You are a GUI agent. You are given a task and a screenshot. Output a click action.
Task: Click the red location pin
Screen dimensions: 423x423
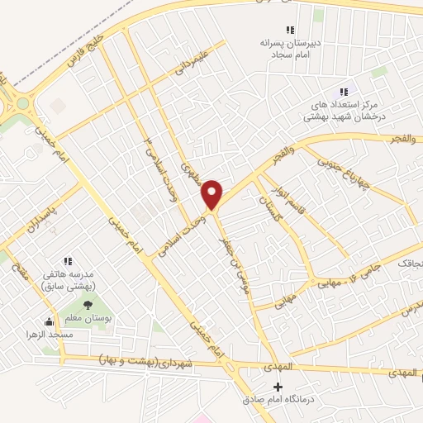(213, 193)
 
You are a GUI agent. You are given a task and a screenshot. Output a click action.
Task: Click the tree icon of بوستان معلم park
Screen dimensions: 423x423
(88, 306)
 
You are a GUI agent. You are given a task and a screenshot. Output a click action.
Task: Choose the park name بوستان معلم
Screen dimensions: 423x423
(88, 319)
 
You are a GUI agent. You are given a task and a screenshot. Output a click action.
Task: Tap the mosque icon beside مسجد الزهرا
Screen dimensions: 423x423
(48, 321)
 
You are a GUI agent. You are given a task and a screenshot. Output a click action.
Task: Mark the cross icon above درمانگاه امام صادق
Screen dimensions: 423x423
(278, 387)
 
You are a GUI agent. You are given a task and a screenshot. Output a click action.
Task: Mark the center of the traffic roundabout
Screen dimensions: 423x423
(22, 104)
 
